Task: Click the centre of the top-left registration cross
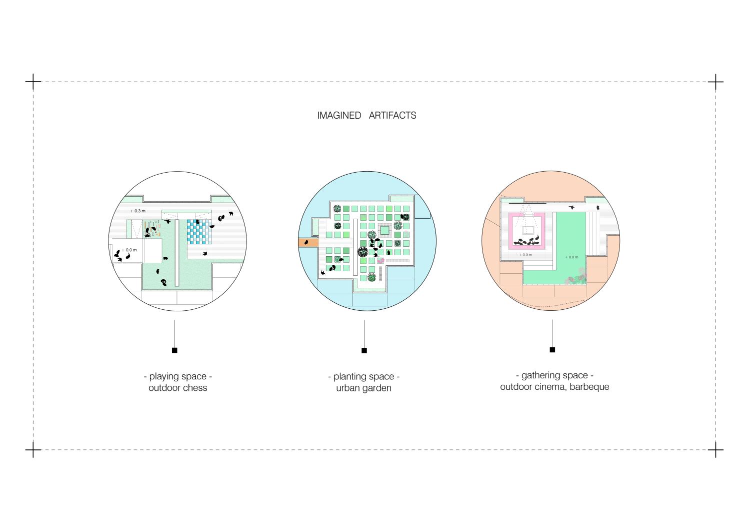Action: pos(33,82)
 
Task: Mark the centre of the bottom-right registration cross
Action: pos(715,449)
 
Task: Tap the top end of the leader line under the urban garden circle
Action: pos(364,320)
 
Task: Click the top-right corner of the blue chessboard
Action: pos(211,220)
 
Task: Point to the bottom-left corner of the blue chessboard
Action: pos(187,244)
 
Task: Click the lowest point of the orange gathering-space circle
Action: pos(551,310)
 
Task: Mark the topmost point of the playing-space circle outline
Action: pos(177,172)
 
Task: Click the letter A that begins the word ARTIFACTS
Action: pos(372,115)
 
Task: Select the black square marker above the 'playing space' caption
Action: pos(174,350)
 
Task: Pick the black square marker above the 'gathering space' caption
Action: pos(552,350)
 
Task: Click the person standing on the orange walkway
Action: pos(306,242)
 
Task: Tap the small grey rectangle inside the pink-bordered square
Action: pos(528,230)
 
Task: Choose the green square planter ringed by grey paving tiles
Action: pos(384,230)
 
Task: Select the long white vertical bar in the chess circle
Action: pos(177,253)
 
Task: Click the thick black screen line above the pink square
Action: pos(527,203)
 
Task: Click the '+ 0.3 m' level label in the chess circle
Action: pos(138,211)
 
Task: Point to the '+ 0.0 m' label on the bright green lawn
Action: pos(571,257)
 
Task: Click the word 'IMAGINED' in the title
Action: pos(339,115)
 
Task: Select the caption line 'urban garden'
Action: pos(363,388)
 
